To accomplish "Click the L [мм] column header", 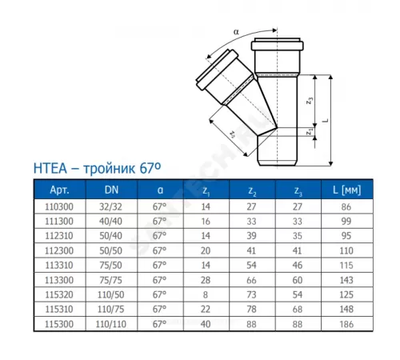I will (x=345, y=190).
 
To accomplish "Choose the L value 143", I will (x=345, y=278).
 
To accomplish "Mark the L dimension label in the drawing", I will (x=324, y=114).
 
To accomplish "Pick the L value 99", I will (x=345, y=219).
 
